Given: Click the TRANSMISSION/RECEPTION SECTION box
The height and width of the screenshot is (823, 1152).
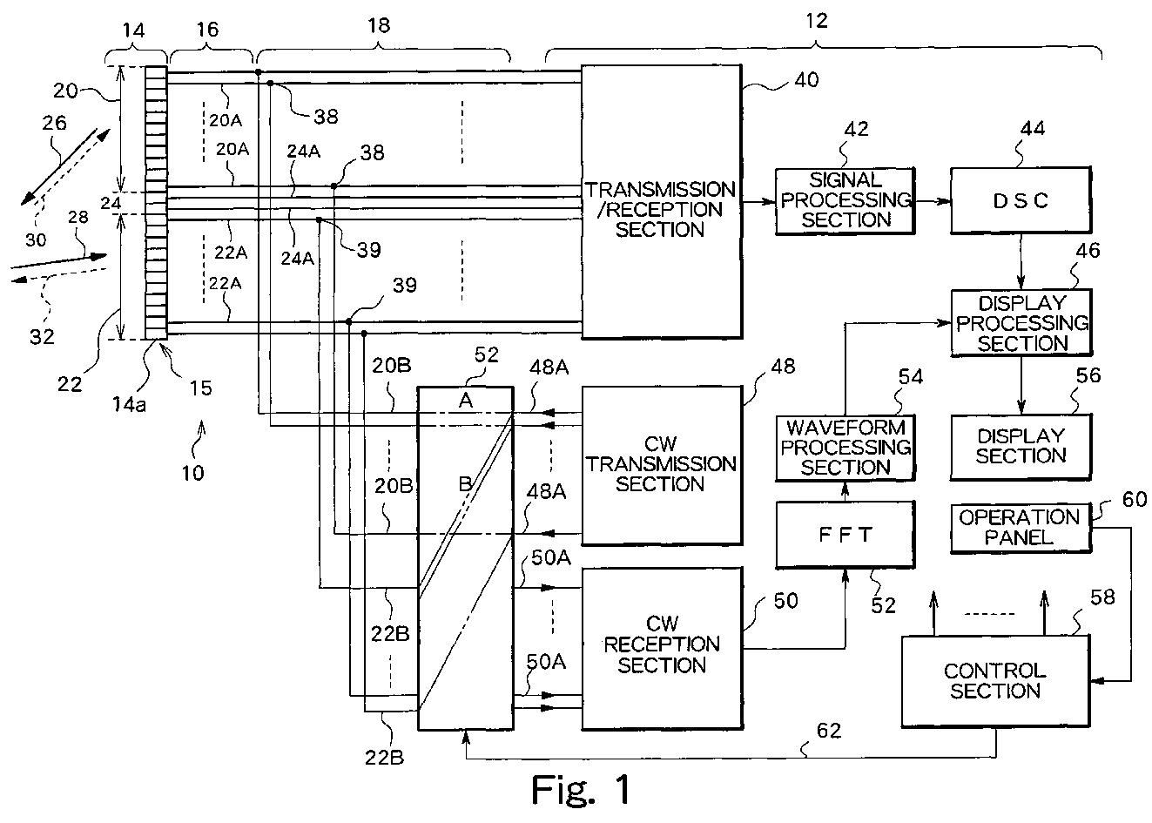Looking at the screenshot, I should point(660,202).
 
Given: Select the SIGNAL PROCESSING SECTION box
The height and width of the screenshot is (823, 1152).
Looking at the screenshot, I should point(845,201).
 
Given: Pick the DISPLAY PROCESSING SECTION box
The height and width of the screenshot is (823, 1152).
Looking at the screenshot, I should point(1021,323).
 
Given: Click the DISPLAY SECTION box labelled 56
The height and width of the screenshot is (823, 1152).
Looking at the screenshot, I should point(1021,445).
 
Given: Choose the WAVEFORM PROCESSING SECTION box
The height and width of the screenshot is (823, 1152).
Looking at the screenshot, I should point(845,447).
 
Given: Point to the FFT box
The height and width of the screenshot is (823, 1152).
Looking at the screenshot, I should point(845,535).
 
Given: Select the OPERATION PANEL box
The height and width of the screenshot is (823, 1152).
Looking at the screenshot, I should point(1020,528).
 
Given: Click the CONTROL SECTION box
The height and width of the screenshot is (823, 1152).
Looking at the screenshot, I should point(995,681).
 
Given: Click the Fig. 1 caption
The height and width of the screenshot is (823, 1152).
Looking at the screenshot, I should point(580,790).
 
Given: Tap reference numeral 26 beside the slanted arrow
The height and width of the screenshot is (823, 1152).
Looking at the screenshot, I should point(54,124).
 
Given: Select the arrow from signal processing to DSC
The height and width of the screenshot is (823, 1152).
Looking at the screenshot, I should point(933,201).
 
